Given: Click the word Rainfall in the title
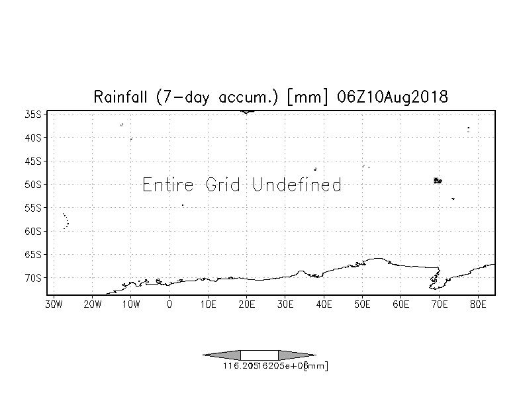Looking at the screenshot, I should tap(122, 97).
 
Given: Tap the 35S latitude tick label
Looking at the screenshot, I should tap(33, 114).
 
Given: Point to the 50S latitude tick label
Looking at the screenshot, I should tap(33, 184).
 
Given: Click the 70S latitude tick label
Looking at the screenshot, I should tap(33, 277).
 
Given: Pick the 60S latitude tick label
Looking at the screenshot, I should tap(33, 231).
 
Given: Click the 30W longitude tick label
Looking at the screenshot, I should tap(54, 304).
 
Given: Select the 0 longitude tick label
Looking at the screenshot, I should tap(169, 304).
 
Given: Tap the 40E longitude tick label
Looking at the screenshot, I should tap(324, 304).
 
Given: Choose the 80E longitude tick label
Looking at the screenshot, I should tap(478, 304).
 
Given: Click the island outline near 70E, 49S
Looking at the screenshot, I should tap(437, 180).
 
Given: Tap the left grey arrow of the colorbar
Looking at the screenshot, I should tap(222, 355).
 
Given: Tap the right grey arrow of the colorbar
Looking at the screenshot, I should tap(297, 355).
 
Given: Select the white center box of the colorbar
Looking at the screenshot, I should tap(259, 355).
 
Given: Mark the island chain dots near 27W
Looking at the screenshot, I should tap(66, 221).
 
